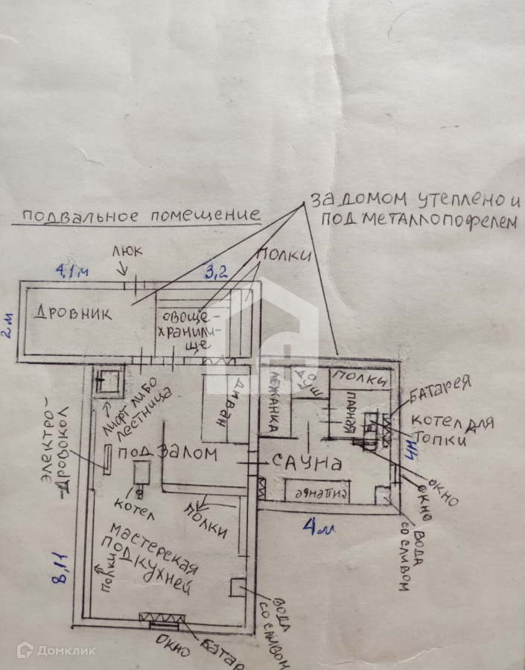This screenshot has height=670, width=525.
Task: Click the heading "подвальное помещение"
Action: pyautogui.click(x=140, y=216)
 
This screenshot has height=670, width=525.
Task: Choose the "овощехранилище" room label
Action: pyautogui.click(x=184, y=330)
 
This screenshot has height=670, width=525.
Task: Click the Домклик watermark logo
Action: pyautogui.click(x=56, y=650)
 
